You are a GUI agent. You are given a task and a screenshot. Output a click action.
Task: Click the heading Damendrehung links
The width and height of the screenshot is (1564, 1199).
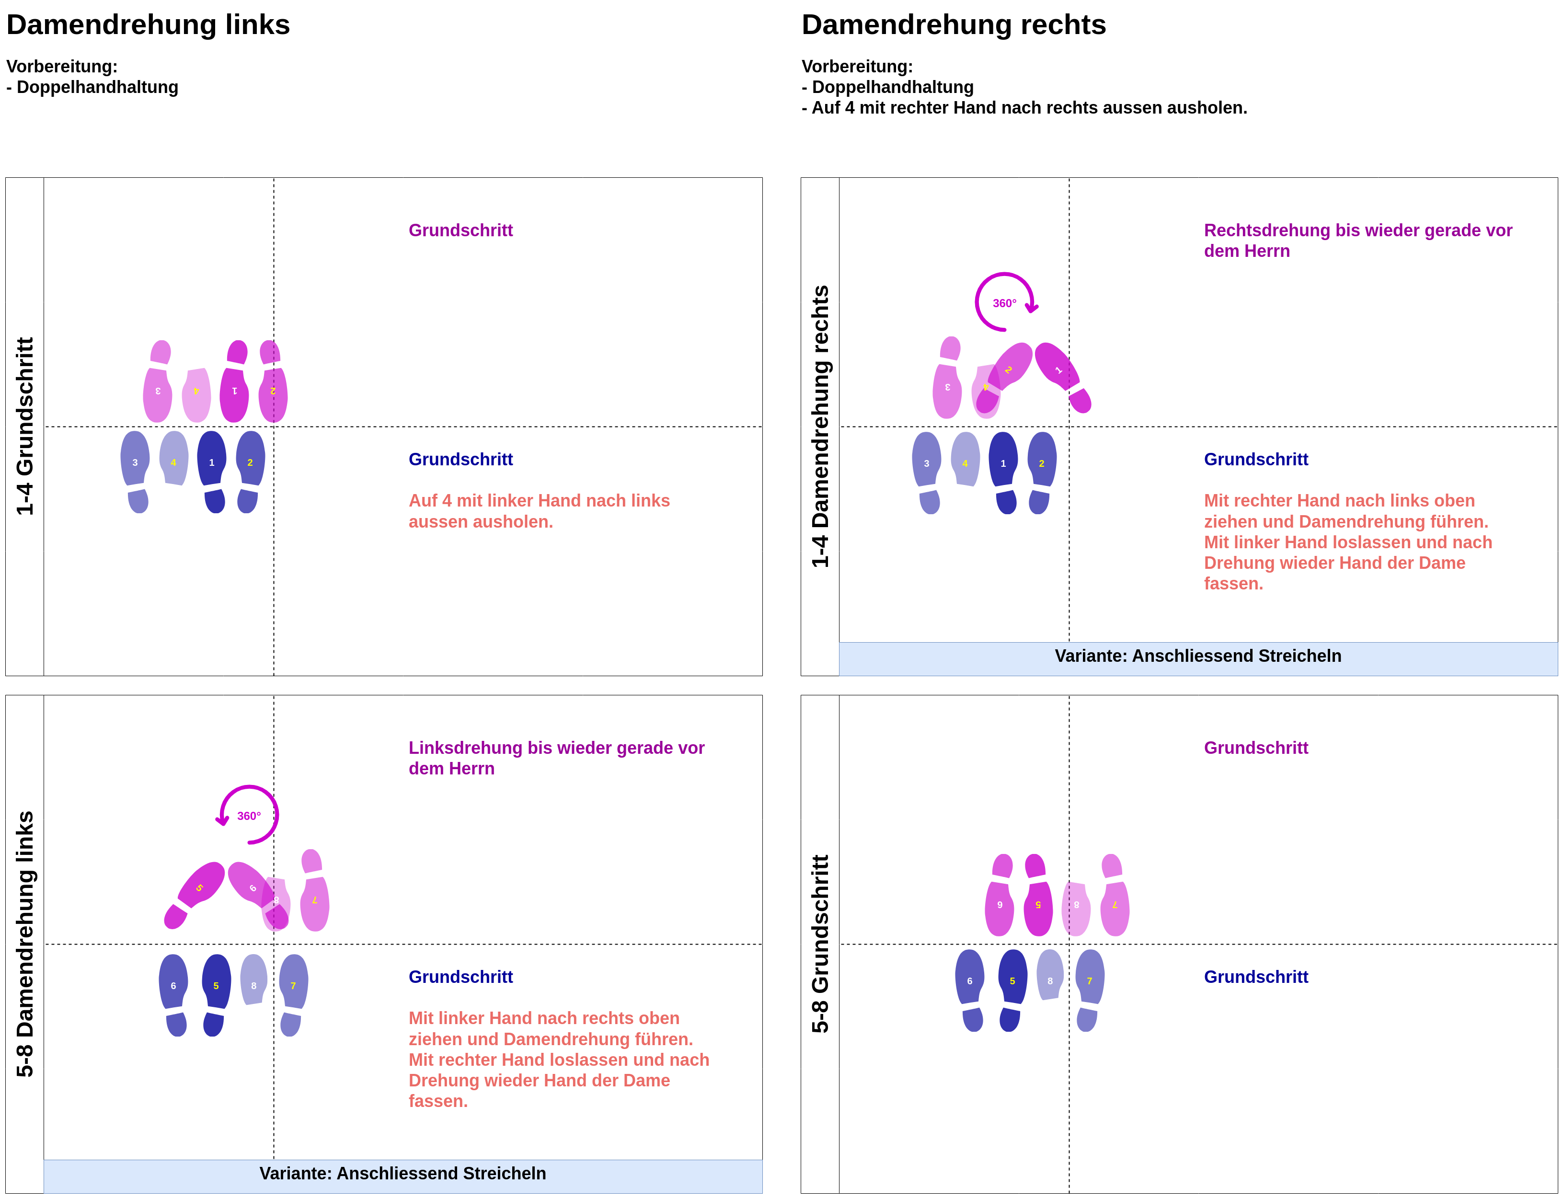click(x=148, y=25)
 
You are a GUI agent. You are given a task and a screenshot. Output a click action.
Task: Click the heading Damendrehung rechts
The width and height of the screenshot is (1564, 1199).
click(x=953, y=25)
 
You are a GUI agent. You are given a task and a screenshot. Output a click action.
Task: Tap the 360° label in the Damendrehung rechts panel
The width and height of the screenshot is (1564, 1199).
click(x=1004, y=303)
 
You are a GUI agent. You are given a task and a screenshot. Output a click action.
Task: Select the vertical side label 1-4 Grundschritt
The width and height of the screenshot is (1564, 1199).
click(x=25, y=426)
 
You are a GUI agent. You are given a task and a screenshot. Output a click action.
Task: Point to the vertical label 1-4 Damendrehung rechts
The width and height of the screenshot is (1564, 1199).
click(x=820, y=426)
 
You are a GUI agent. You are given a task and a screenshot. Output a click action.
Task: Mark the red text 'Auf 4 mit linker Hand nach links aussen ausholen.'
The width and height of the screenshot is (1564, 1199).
click(x=539, y=511)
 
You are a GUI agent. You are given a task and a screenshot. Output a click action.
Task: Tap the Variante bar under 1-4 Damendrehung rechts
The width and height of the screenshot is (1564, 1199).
click(x=1198, y=656)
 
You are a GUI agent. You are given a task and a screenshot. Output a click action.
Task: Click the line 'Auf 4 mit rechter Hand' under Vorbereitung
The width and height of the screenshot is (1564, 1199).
click(x=1024, y=108)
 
